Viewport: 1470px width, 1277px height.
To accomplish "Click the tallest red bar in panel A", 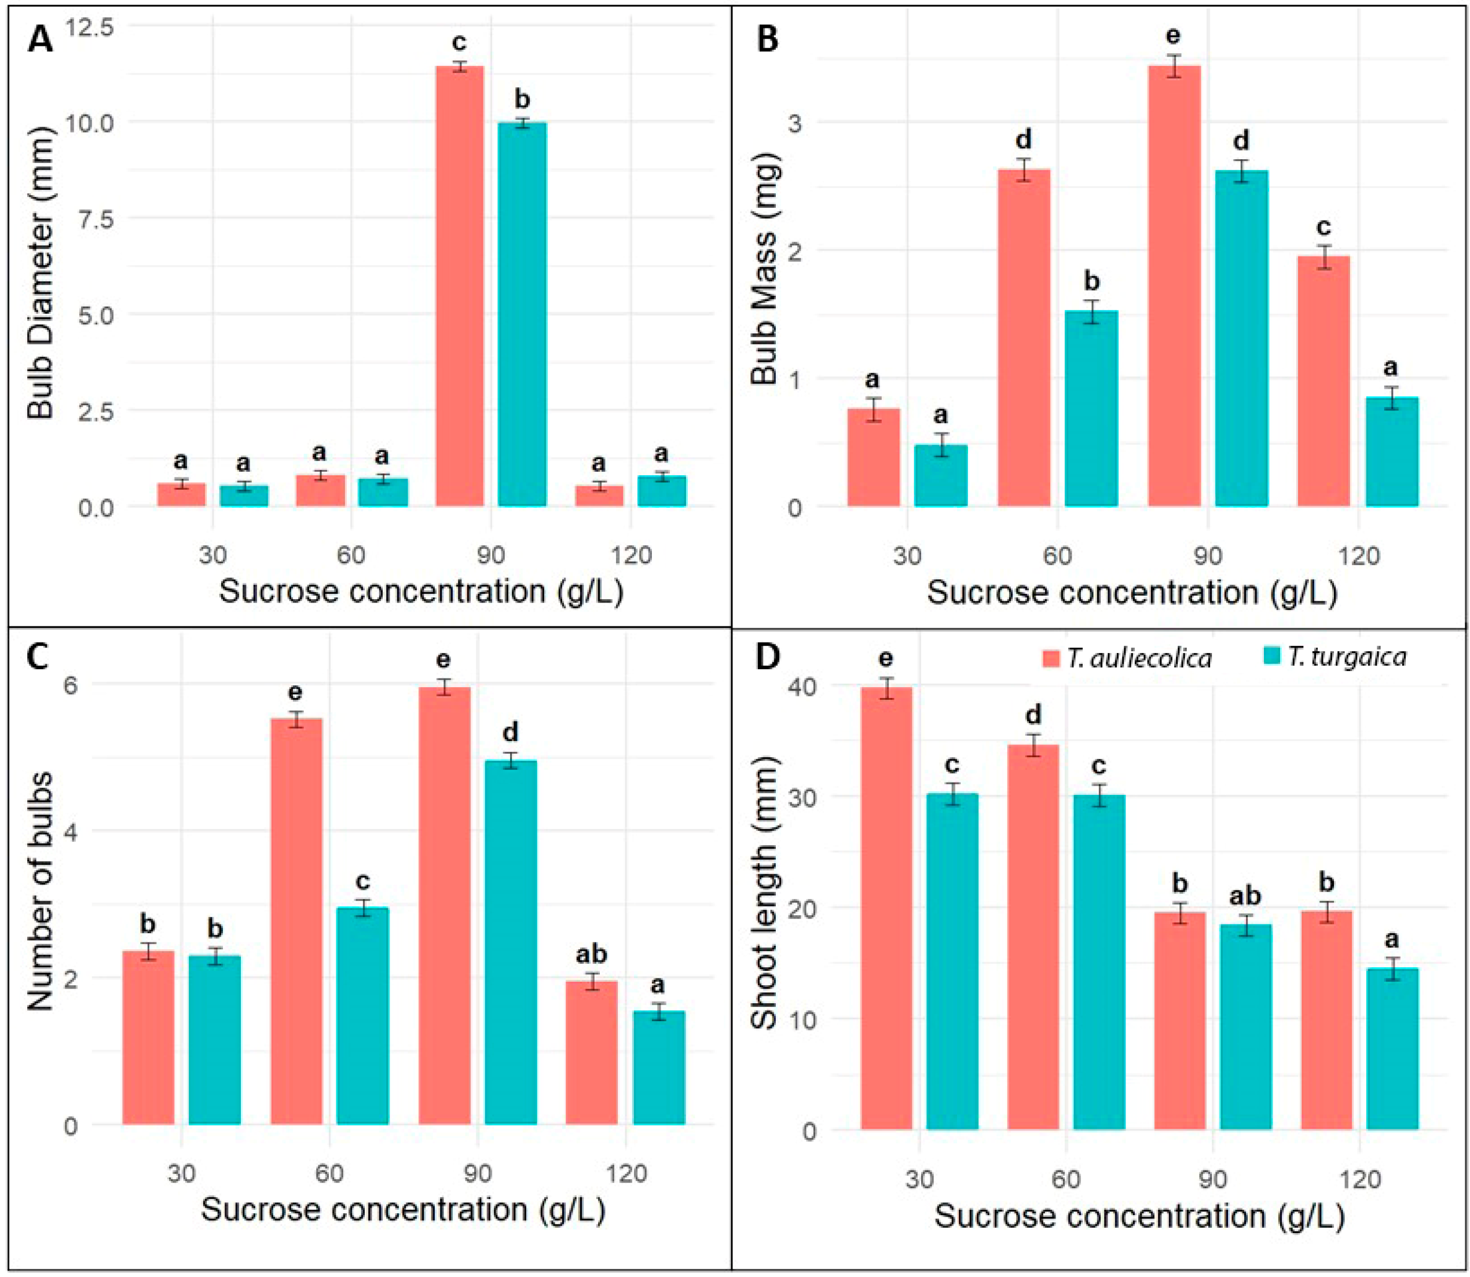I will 459,285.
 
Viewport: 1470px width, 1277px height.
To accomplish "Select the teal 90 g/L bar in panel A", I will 522,314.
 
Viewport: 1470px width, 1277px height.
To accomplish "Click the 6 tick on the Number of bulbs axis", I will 71,684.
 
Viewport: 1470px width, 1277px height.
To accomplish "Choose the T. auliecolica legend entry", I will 1127,657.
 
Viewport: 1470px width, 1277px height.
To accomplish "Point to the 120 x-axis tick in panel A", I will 630,554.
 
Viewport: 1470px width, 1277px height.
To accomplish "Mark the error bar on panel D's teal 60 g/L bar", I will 1099,795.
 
